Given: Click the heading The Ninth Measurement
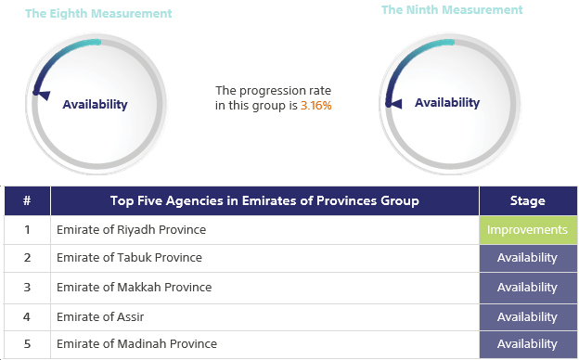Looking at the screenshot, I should pos(452,10).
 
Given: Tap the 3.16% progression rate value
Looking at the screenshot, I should pos(316,106).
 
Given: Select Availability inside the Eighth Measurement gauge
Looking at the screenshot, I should pos(95,105).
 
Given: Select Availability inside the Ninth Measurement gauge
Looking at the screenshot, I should pos(447,103).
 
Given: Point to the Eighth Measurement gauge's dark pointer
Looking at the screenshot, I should pos(39,92).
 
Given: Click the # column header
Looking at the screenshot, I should pos(27,200).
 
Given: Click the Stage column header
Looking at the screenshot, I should pos(527,200).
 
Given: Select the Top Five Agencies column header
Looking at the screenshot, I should pos(264,200).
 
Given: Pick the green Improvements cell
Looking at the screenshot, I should pos(527,229).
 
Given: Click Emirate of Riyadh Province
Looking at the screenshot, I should pos(131,229).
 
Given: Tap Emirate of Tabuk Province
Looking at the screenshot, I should pos(129,258).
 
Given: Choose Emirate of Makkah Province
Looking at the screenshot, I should pos(134,287).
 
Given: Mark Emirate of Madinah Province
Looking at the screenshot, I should pos(136,344).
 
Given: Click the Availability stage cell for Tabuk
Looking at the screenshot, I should pos(527,258).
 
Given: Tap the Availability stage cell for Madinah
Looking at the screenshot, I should pos(527,344).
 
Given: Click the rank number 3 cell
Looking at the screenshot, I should pos(27,287).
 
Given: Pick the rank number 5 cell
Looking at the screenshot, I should pos(27,344).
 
